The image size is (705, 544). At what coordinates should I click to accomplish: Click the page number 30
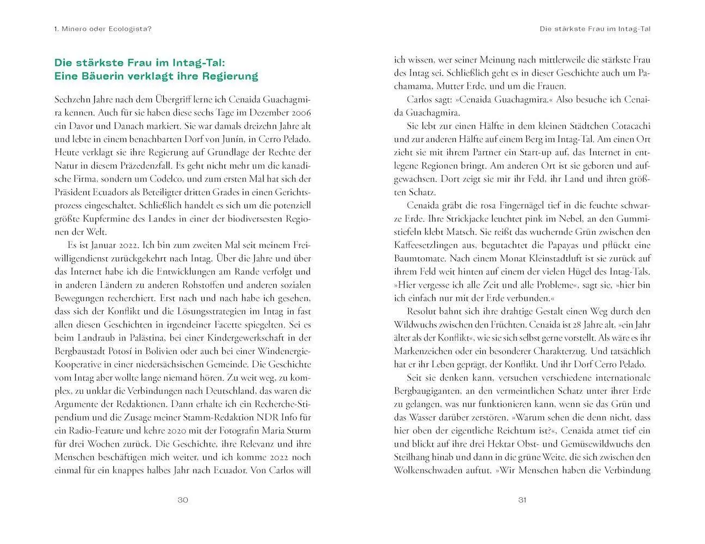[x=182, y=500]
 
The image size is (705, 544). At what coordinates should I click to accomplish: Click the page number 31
[x=522, y=500]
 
